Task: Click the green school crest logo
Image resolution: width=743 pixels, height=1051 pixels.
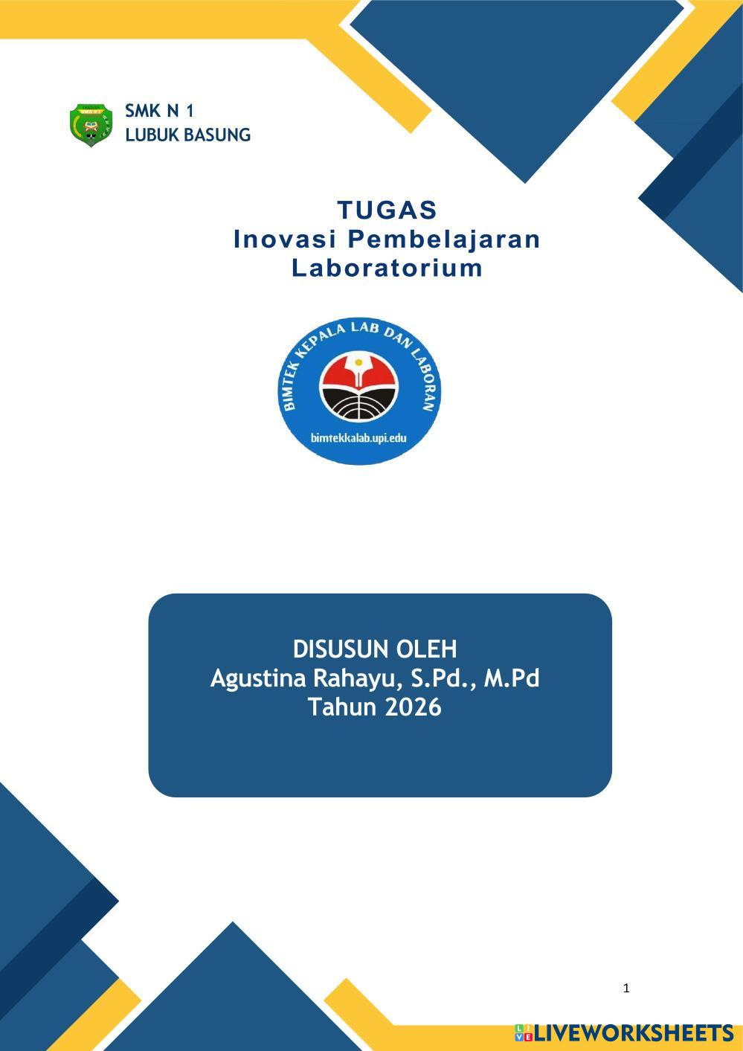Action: [91, 124]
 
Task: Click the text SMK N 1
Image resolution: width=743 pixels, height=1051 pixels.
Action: [159, 112]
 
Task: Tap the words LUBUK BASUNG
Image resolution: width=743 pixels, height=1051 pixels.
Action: [187, 135]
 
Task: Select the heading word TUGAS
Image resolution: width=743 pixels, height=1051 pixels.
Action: [387, 210]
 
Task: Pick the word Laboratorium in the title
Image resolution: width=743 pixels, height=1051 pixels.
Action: [387, 268]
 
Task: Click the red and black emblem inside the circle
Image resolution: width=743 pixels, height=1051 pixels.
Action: [358, 387]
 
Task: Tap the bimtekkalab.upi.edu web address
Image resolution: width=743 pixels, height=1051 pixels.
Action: [358, 438]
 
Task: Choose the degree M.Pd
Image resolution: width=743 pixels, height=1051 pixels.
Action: [512, 679]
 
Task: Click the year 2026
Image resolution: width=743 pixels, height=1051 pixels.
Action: [413, 707]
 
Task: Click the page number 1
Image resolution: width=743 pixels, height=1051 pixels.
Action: [626, 989]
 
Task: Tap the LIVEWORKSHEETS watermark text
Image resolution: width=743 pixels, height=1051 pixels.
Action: [634, 1033]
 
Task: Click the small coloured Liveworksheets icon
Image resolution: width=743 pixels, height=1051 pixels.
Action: [524, 1033]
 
